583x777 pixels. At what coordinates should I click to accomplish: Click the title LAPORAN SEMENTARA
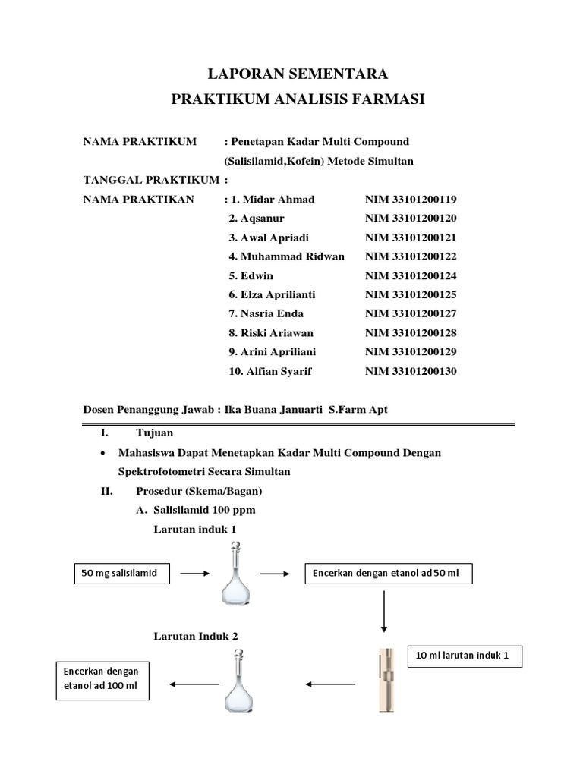(298, 74)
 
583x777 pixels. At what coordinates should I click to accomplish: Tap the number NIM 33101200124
(411, 275)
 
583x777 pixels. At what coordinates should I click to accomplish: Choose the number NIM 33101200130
(411, 371)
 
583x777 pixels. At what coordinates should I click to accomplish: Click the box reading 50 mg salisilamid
(121, 574)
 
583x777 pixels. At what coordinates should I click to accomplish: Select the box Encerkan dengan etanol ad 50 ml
(388, 574)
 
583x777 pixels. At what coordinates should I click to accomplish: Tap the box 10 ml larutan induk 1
(465, 656)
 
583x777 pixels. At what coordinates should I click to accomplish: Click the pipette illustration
(386, 679)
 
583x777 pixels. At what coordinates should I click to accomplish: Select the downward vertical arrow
(385, 610)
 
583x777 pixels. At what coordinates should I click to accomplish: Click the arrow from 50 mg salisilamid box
(195, 574)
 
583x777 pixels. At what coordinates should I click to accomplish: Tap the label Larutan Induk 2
(196, 636)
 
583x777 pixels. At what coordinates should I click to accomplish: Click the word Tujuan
(155, 433)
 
